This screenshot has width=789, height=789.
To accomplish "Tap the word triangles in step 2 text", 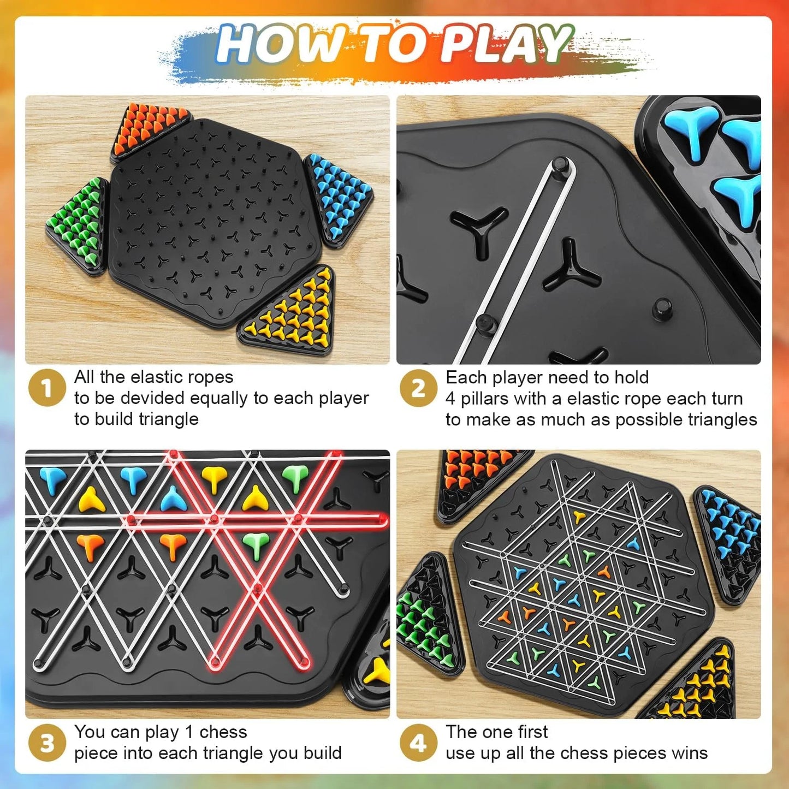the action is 721,420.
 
